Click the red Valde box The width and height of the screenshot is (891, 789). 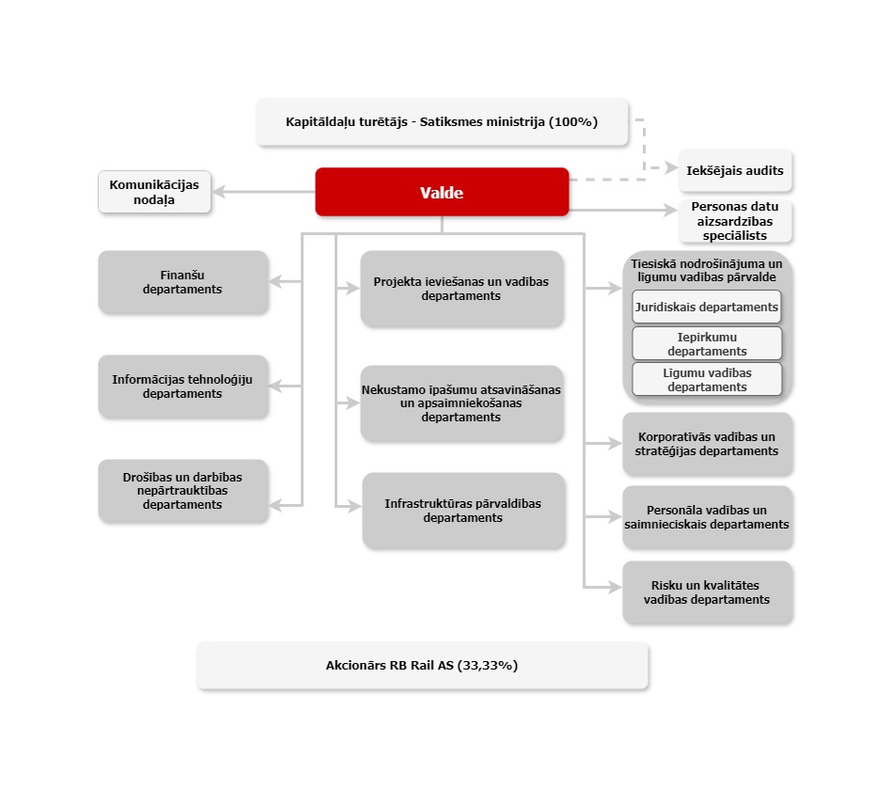tap(442, 192)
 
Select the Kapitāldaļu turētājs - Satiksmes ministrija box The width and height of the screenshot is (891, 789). tap(442, 121)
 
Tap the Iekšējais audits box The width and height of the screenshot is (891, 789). tap(736, 170)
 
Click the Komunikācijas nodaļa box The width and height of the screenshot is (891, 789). tap(154, 192)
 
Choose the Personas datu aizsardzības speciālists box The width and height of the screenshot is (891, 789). tap(736, 221)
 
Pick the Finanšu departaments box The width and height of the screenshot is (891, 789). tap(182, 282)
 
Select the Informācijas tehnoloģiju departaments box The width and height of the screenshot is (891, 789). tap(182, 387)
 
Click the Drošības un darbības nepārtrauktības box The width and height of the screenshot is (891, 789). tap(182, 491)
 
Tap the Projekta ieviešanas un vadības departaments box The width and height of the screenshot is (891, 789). tap(461, 289)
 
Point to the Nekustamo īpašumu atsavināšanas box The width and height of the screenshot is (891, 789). tap(461, 403)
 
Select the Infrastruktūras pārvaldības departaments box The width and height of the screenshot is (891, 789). tap(462, 511)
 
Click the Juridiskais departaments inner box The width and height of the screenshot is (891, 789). tap(707, 307)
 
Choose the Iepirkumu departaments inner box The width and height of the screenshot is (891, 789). tap(707, 343)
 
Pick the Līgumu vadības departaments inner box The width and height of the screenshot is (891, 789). tap(707, 379)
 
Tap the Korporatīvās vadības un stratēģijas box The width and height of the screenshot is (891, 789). tap(707, 444)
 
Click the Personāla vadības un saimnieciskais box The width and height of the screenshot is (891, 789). tap(707, 517)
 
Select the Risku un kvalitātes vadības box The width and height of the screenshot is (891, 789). tap(707, 592)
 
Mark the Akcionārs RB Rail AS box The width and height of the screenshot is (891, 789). tap(422, 666)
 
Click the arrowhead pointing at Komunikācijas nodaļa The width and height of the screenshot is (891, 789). tap(218, 192)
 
